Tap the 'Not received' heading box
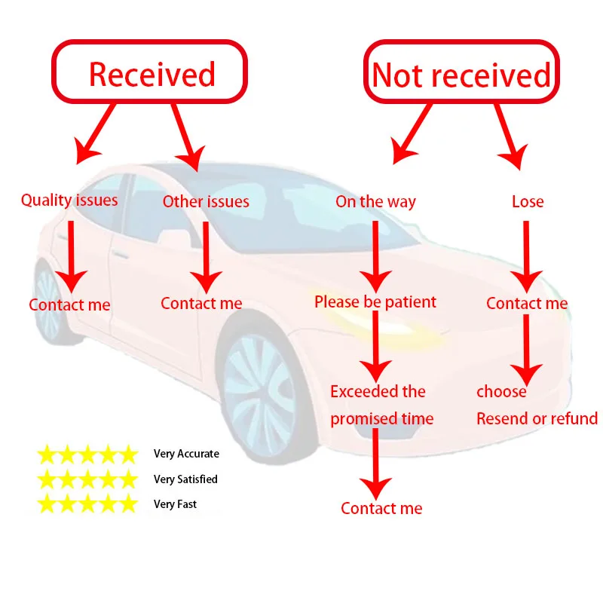coord(461,75)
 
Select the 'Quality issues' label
coord(69,200)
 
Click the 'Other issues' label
coord(206,201)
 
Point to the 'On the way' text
coord(375,201)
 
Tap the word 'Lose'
coord(528,201)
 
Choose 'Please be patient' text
coord(375,302)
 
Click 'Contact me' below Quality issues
coord(69,305)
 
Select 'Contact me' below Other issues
coord(201,304)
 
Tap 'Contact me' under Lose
coord(527,304)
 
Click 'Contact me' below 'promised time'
coord(381,508)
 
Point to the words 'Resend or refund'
coord(537,419)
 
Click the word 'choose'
coord(501,392)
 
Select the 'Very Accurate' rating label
coord(186,454)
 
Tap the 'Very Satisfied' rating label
coord(185,479)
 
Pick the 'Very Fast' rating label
coord(176,504)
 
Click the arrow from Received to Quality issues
coord(96,132)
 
